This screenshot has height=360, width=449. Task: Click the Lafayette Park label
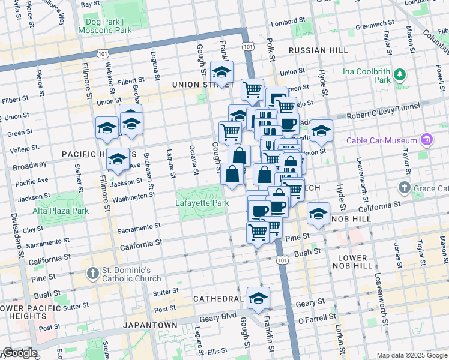click(202, 203)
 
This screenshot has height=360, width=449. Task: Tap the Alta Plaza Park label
click(61, 211)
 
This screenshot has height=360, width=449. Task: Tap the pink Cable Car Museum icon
click(426, 140)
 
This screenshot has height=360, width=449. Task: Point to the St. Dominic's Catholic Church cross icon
click(92, 274)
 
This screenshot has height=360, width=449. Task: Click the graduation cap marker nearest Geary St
click(258, 298)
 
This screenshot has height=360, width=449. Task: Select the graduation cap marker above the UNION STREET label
click(221, 73)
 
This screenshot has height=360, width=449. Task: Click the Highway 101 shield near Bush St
click(281, 259)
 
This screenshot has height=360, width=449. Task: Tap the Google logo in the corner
click(20, 353)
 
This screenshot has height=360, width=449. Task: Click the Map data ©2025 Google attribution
click(411, 355)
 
